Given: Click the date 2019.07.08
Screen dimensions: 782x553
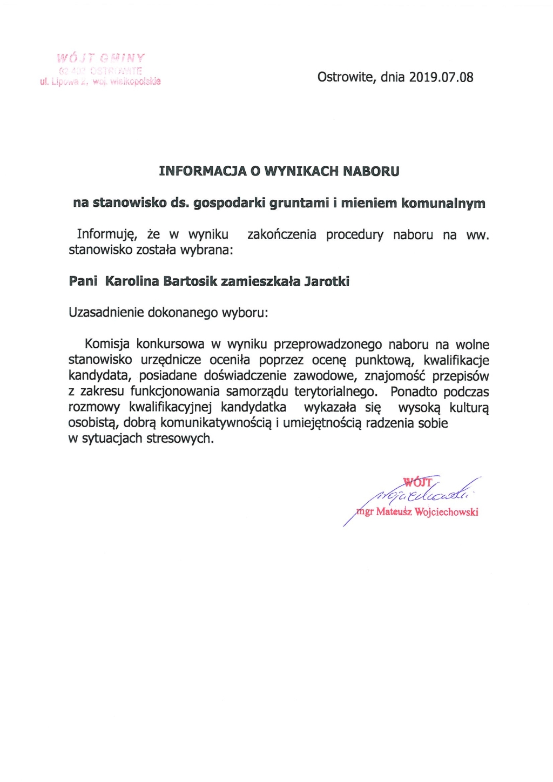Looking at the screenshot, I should point(441,77).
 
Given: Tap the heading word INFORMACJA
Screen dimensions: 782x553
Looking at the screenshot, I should point(203,172).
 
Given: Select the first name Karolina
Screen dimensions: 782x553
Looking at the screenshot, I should point(132,281).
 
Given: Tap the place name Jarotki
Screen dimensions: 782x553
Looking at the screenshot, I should point(327,281).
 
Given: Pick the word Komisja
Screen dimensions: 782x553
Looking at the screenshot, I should point(107,345).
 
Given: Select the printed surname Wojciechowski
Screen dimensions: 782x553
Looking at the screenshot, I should point(446,512).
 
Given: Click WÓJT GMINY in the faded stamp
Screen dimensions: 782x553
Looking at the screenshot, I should point(101,58).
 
